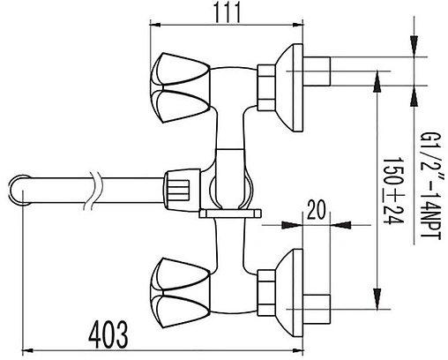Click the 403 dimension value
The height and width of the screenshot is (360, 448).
click(x=108, y=334)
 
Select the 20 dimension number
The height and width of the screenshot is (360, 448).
click(x=316, y=210)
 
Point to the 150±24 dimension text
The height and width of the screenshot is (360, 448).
click(x=393, y=191)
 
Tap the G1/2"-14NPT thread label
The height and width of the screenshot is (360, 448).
click(x=430, y=186)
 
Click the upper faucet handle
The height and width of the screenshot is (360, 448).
click(x=180, y=87)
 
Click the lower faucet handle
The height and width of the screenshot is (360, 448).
click(x=180, y=293)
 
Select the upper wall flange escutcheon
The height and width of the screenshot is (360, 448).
click(x=289, y=87)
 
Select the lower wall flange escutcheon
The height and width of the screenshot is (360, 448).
click(x=289, y=293)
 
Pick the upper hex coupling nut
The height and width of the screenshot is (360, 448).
click(x=266, y=87)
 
